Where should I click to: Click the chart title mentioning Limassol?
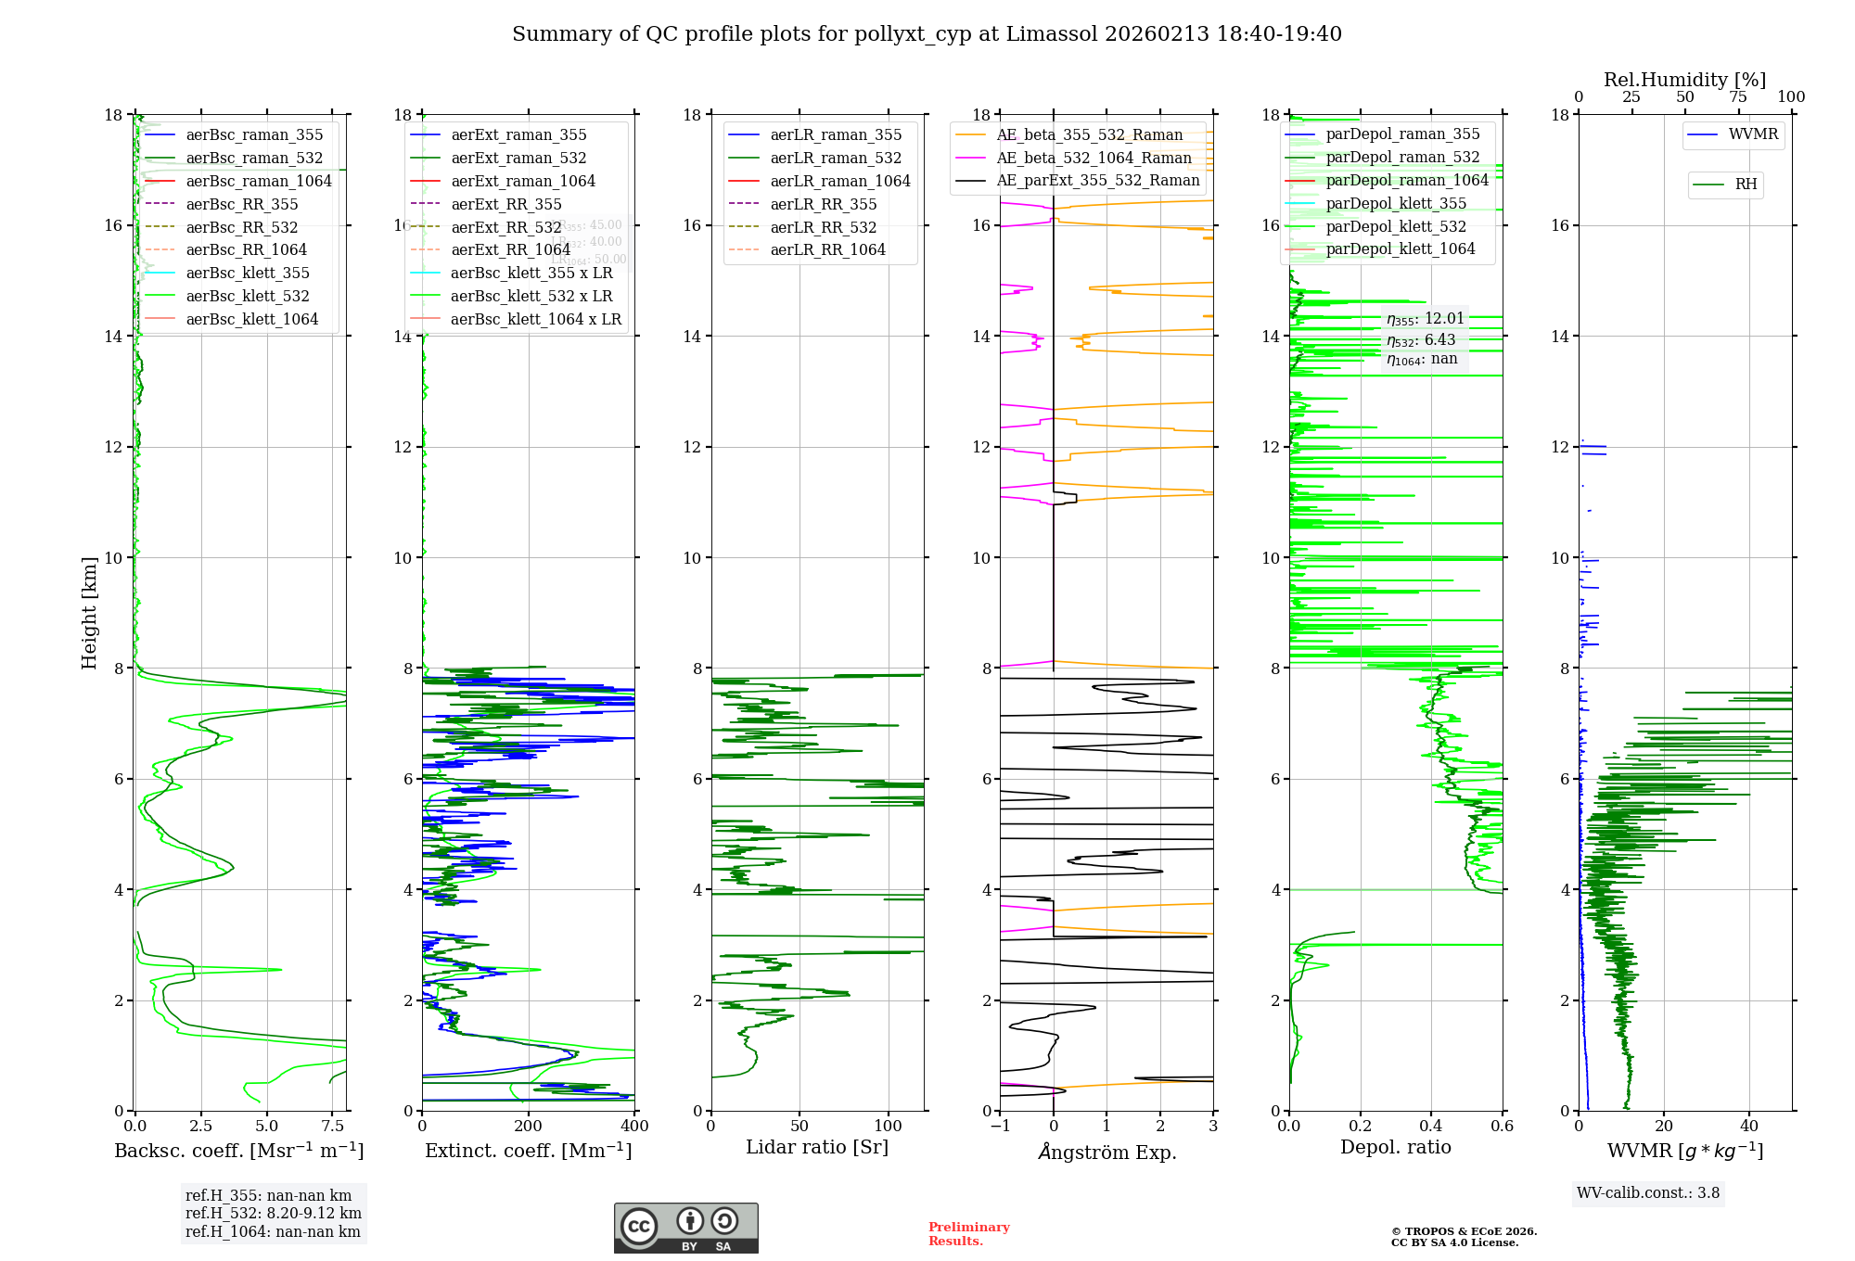tap(927, 34)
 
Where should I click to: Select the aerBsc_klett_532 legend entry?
tap(247, 296)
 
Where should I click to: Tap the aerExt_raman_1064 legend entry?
tap(523, 181)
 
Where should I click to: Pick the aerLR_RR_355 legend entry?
tap(823, 204)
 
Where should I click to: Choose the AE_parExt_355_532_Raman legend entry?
tap(1097, 180)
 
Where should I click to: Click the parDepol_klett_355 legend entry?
tap(1396, 203)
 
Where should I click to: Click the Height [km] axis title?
tap(89, 612)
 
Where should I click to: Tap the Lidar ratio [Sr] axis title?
tap(817, 1147)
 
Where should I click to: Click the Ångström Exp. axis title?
tap(1107, 1152)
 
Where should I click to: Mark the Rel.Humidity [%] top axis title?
tap(1684, 80)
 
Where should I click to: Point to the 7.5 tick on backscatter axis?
tap(333, 1127)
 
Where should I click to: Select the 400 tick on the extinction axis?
tap(634, 1127)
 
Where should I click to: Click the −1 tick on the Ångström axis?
tap(999, 1127)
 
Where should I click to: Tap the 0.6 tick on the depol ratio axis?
tap(1502, 1127)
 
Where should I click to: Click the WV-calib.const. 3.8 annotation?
tap(1648, 1193)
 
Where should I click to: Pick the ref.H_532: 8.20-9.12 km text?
tap(273, 1213)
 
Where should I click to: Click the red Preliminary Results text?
tap(968, 1234)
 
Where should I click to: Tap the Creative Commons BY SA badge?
tap(685, 1229)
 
